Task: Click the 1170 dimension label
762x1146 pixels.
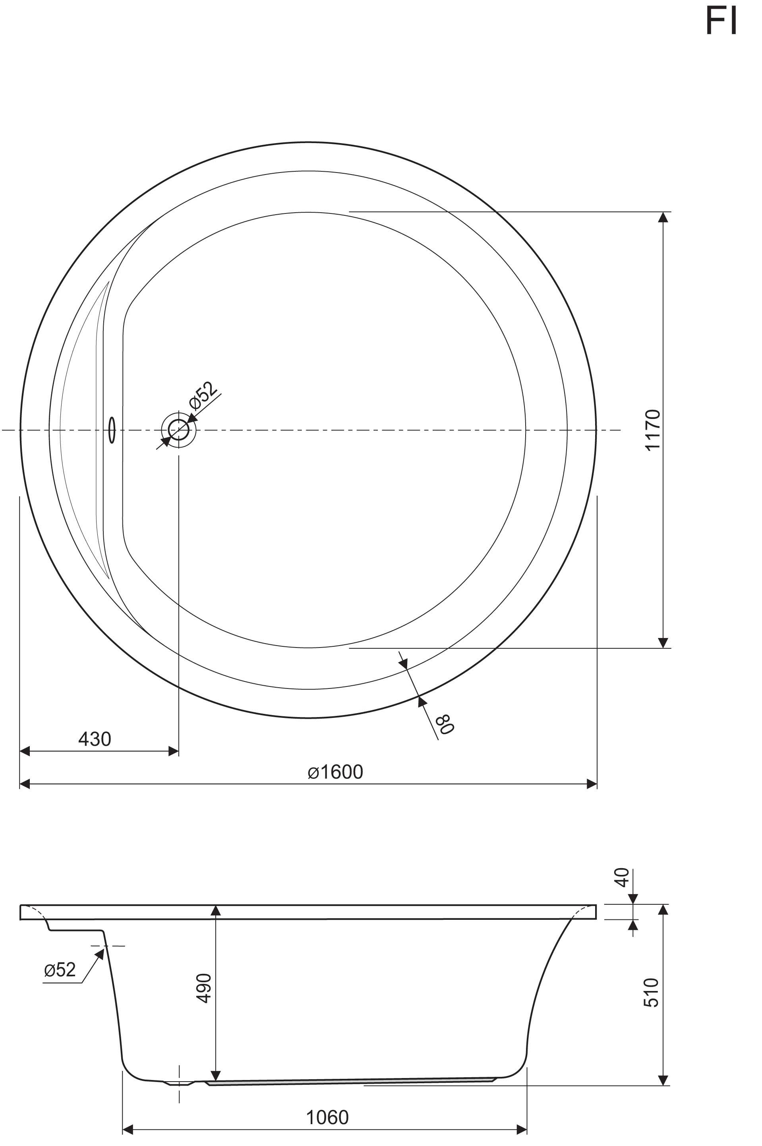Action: pos(653,430)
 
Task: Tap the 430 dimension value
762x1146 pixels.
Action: pos(95,739)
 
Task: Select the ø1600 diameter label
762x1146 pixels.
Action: pos(335,772)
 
